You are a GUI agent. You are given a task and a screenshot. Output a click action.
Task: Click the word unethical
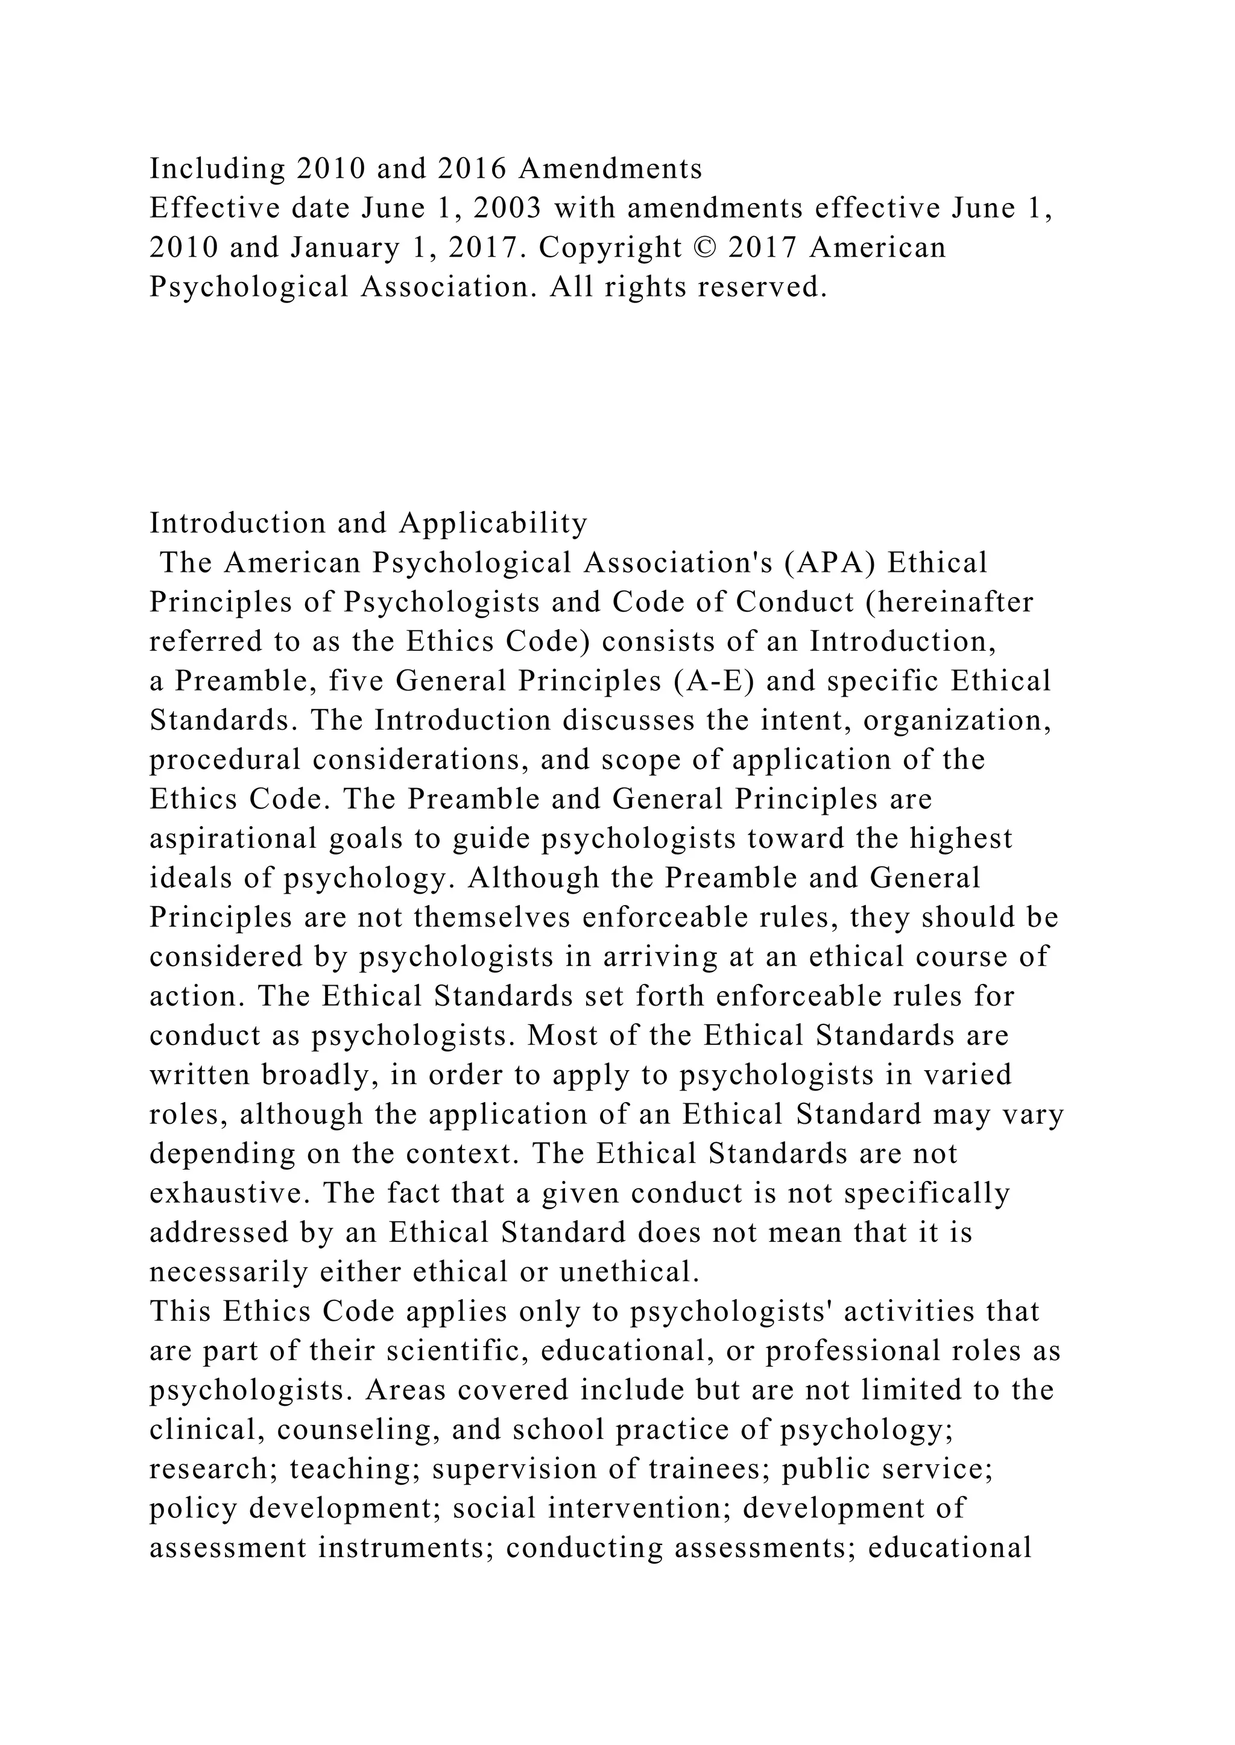pyautogui.click(x=629, y=1271)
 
